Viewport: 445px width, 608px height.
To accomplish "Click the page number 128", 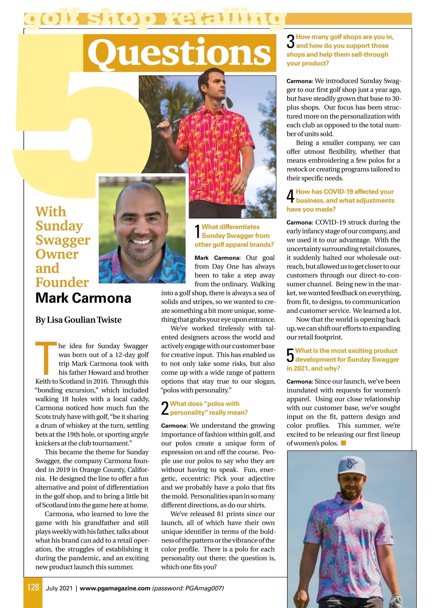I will click(33, 587).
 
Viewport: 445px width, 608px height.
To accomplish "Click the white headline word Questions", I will click(179, 53).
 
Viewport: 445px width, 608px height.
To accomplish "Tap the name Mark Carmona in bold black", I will click(83, 298).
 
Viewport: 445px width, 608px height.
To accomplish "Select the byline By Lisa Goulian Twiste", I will click(78, 320).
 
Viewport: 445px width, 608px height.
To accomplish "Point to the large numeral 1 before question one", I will click(198, 232).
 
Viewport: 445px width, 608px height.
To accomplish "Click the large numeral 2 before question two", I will click(165, 408).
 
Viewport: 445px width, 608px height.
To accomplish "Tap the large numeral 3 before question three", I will click(291, 42).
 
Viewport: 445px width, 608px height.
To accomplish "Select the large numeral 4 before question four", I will click(291, 196).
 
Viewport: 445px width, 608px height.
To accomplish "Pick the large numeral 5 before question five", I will click(290, 356).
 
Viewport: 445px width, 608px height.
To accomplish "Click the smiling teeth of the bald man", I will click(141, 242).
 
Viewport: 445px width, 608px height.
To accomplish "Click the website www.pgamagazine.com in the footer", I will click(115, 588).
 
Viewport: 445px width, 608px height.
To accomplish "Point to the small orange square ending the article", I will click(343, 443).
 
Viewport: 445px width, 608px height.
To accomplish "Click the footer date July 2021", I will click(59, 588).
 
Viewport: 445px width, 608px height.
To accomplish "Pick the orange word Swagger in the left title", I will click(63, 240).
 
